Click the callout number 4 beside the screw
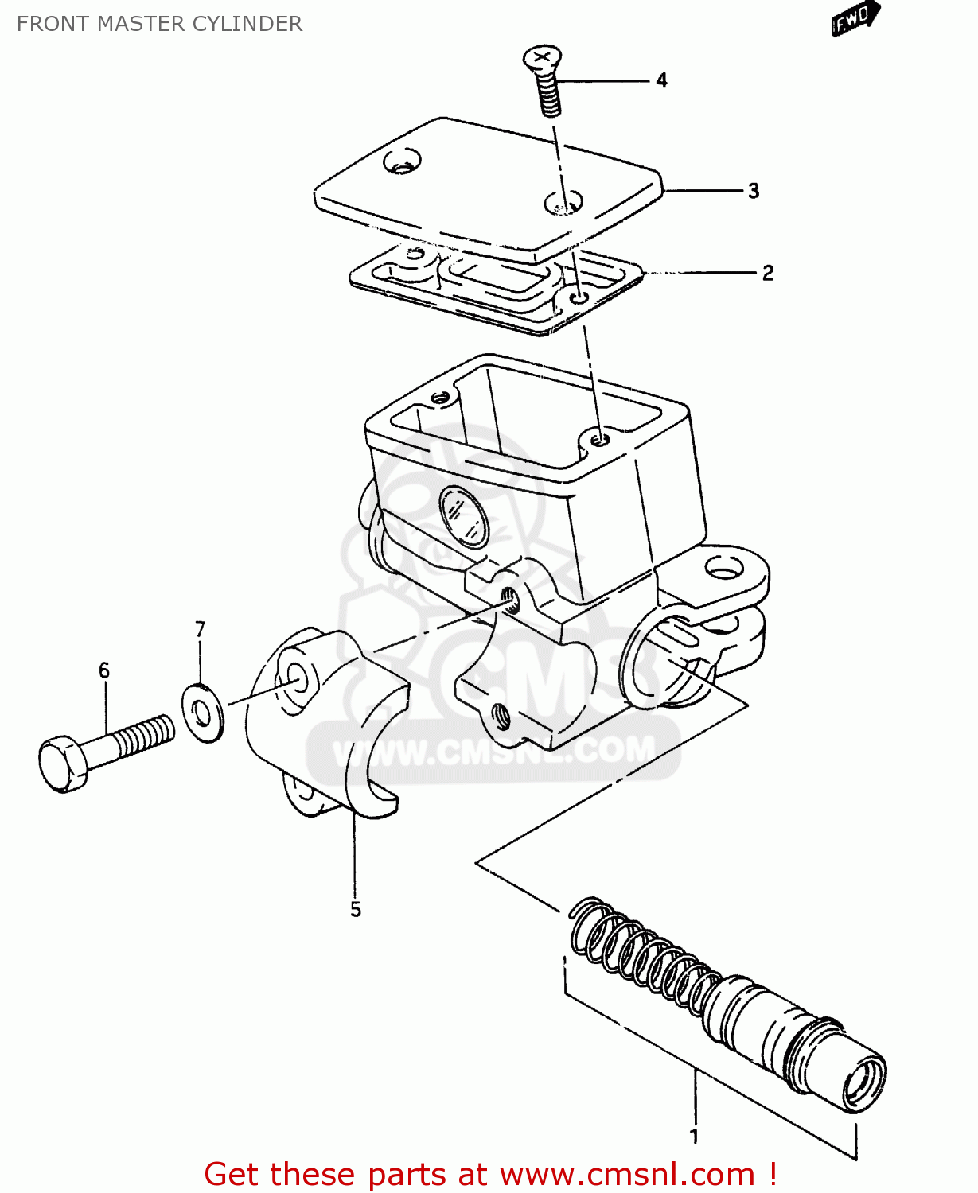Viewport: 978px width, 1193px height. click(661, 80)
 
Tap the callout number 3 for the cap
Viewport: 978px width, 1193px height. click(753, 191)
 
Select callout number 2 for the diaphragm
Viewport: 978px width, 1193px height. click(767, 274)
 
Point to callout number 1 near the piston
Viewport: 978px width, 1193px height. click(693, 1136)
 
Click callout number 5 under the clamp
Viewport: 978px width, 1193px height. click(355, 909)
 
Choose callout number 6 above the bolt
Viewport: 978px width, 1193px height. click(104, 671)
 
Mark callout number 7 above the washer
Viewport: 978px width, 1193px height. click(200, 630)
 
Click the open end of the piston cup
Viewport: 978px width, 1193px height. click(865, 1082)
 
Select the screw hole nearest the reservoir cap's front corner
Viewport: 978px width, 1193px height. click(563, 203)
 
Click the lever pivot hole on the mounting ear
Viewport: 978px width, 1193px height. click(723, 568)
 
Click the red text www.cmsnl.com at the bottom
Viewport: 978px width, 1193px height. click(626, 1175)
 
